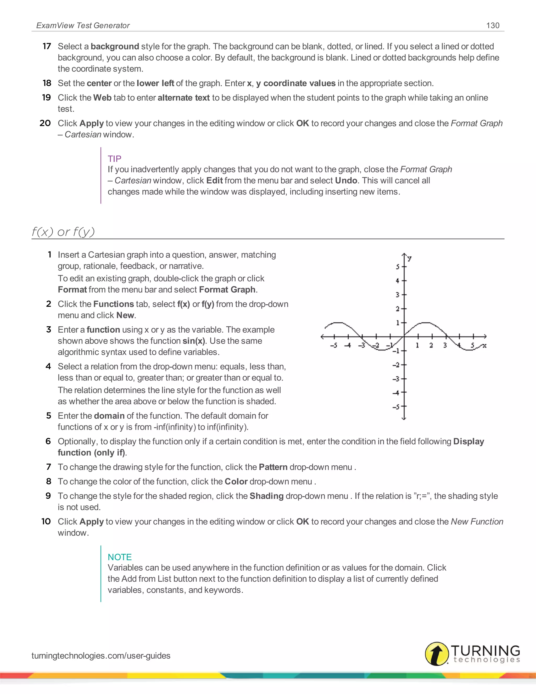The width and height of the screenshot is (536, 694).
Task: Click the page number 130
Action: [x=493, y=25]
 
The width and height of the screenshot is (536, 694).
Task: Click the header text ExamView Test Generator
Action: [x=83, y=25]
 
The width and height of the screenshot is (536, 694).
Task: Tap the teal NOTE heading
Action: [x=119, y=557]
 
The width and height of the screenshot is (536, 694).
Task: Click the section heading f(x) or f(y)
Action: [x=63, y=232]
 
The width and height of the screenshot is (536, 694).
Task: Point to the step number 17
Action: [x=47, y=46]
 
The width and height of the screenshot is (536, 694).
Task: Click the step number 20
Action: [x=45, y=123]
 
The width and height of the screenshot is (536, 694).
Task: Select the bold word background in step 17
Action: [x=115, y=46]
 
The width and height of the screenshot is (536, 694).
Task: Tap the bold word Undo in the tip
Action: [x=346, y=180]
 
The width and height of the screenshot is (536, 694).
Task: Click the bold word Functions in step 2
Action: [x=113, y=304]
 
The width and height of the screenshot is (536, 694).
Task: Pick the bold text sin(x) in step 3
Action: [x=194, y=341]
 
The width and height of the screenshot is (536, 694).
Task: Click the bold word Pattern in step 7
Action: [x=273, y=467]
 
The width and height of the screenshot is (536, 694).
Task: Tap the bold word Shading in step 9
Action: [x=266, y=496]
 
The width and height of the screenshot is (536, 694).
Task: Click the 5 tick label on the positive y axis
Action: [x=398, y=267]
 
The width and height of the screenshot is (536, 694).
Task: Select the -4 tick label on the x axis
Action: [x=348, y=345]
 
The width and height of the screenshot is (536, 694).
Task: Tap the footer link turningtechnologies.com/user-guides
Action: [x=101, y=656]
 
